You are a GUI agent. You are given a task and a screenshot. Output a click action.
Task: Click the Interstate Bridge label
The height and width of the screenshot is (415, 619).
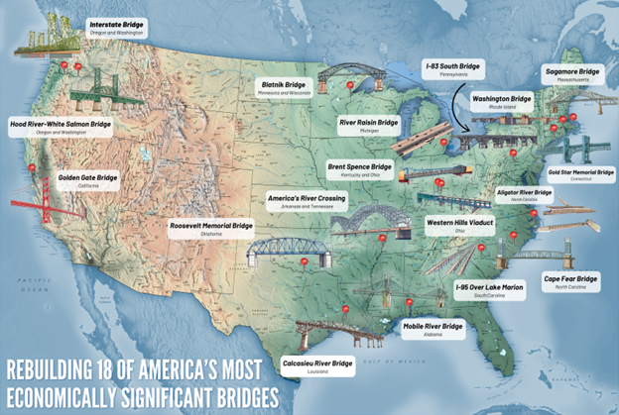click(x=114, y=26)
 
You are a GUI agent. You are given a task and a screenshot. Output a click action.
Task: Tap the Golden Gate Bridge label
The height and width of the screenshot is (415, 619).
click(x=86, y=180)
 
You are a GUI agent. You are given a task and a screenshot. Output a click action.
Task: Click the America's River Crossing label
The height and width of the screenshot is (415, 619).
click(x=306, y=202)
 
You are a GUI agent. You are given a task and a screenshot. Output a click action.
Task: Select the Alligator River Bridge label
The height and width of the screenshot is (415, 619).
click(x=523, y=193)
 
